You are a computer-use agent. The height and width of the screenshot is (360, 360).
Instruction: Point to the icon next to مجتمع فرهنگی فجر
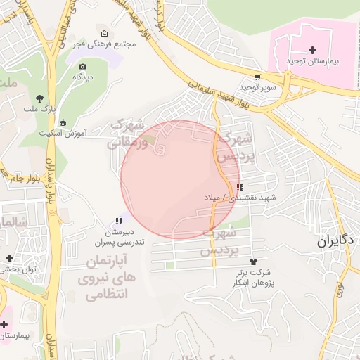(x=105, y=33)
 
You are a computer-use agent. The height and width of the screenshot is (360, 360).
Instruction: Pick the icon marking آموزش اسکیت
(x=63, y=122)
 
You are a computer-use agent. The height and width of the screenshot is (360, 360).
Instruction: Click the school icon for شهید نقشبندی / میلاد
(x=240, y=188)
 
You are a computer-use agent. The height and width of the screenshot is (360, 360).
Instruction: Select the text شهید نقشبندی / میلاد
(x=240, y=198)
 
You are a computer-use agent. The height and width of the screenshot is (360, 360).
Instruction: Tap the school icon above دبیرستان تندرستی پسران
(x=119, y=221)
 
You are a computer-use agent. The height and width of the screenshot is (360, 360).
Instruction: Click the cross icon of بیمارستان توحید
(x=313, y=50)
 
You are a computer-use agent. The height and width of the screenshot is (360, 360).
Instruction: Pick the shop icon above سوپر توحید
(x=257, y=77)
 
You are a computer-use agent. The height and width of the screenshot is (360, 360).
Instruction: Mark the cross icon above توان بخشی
(x=8, y=259)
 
